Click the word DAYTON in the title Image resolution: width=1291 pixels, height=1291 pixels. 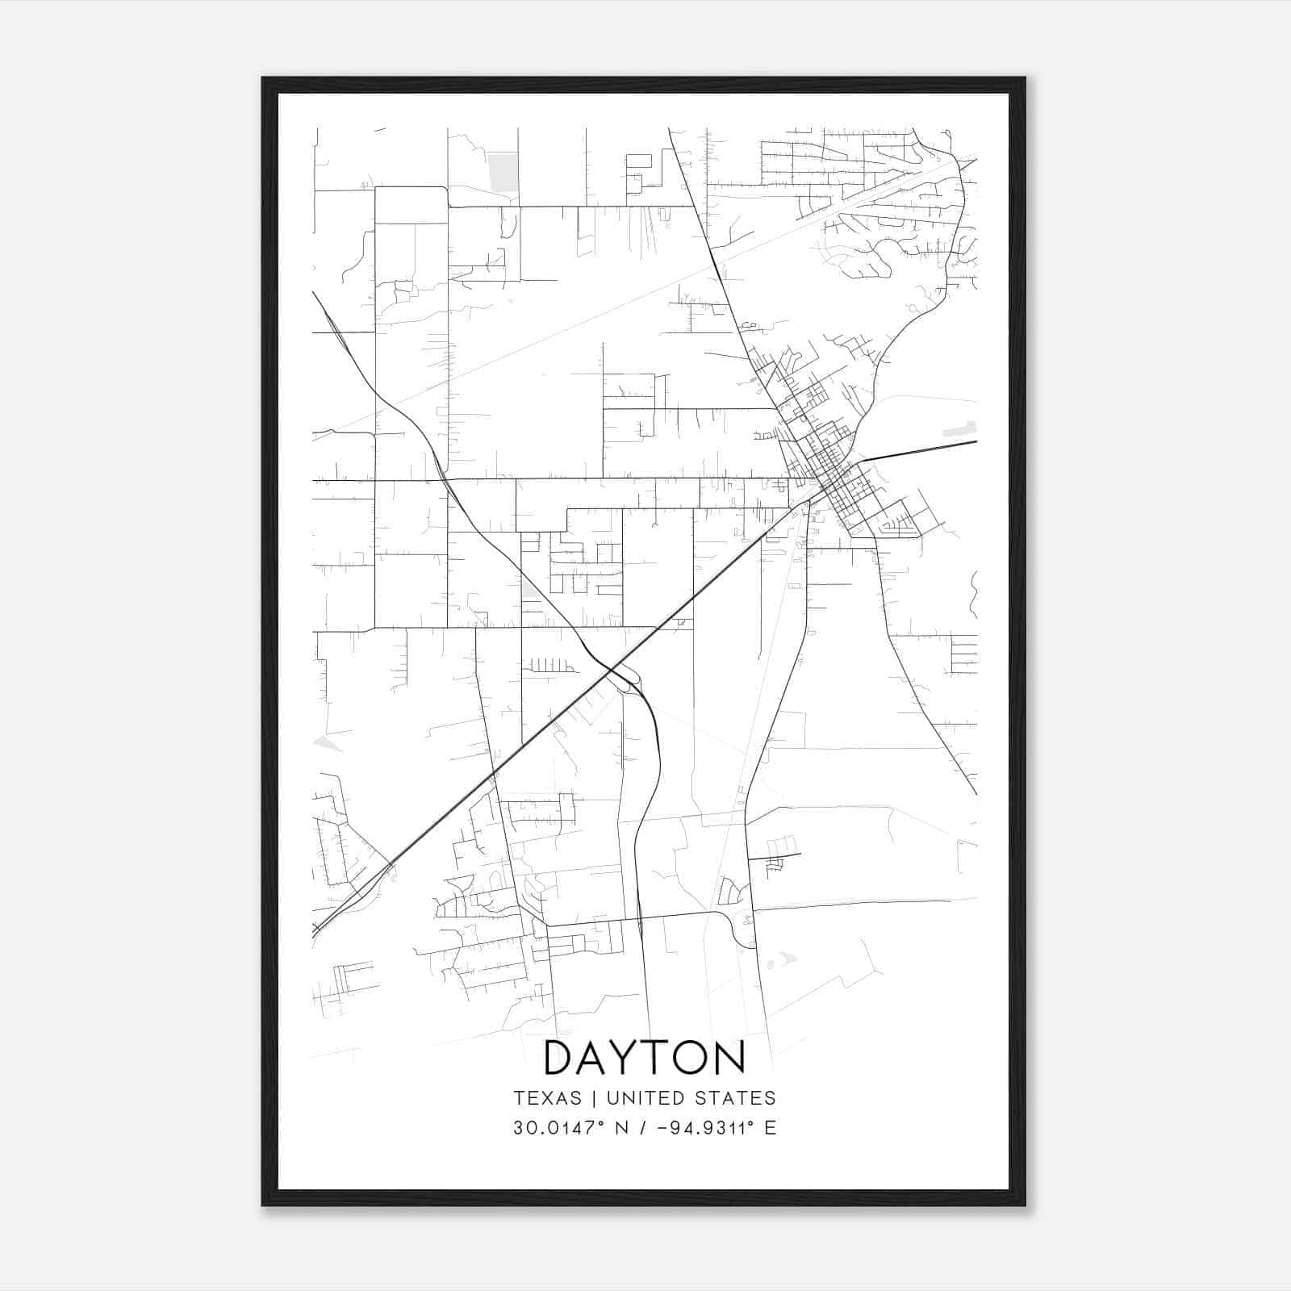point(645,1058)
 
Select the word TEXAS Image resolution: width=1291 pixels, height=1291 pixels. point(547,1098)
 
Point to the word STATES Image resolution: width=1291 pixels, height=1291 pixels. point(742,1098)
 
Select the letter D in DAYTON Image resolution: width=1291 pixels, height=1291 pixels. point(560,1058)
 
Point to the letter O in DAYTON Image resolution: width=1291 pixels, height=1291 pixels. point(693,1058)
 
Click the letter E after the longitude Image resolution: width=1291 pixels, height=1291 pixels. point(771,1127)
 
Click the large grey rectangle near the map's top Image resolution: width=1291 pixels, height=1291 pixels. point(503,173)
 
